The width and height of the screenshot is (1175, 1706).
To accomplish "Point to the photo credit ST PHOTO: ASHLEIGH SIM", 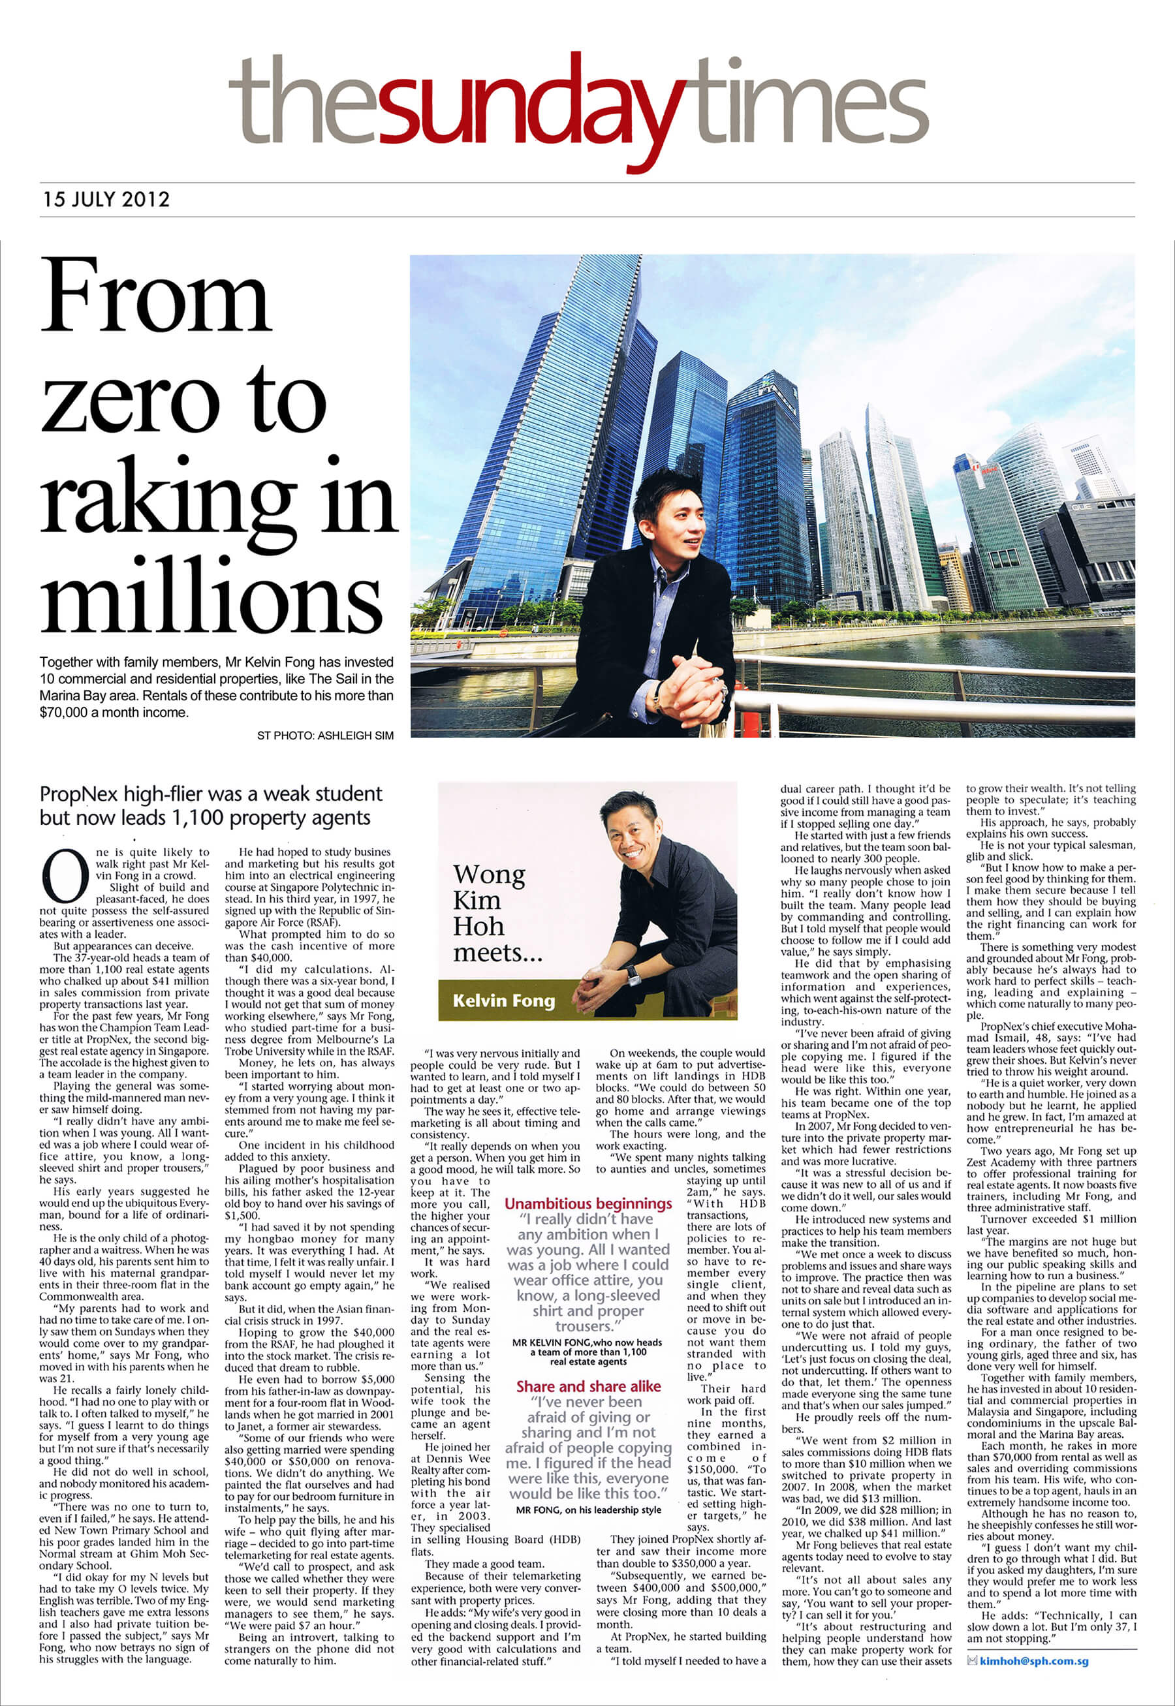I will click(324, 736).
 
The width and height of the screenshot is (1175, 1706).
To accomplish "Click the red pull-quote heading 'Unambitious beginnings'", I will click(588, 1203).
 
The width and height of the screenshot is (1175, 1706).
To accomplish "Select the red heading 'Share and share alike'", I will click(588, 1387).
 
